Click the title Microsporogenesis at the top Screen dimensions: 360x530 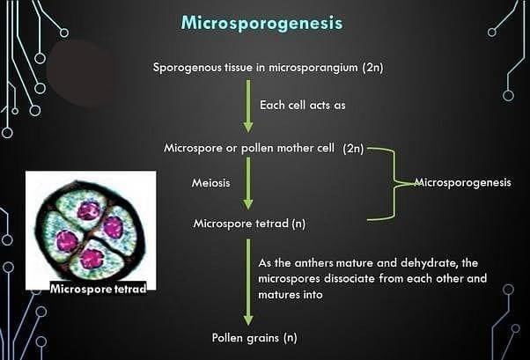coord(261,23)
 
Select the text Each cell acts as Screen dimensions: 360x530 coord(301,105)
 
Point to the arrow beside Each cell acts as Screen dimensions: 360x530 coord(249,103)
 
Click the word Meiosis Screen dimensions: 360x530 coord(211,183)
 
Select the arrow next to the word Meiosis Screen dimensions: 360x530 coord(249,183)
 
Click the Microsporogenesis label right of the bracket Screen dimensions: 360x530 coord(462,183)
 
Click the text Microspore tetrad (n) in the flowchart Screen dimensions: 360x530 coord(249,224)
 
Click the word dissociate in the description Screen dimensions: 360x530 coord(376,279)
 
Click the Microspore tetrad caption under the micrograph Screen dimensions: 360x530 coord(97,288)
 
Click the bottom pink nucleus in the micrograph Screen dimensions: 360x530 coord(92,259)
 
